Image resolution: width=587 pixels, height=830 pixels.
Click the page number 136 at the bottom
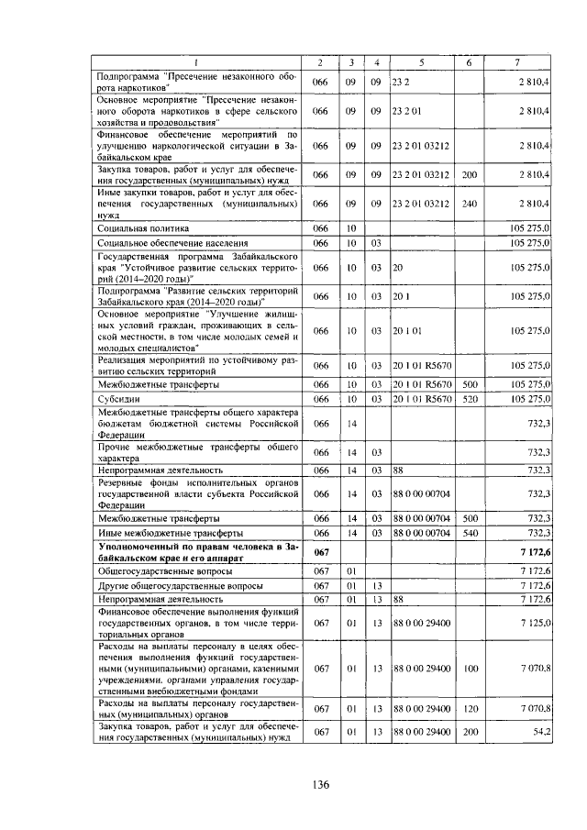coord(320,784)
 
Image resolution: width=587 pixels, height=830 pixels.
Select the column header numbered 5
coord(421,62)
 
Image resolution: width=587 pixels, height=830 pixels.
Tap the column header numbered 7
coord(517,62)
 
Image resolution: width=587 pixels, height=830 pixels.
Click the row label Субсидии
coord(118,399)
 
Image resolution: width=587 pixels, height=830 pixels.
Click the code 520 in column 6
coord(470,399)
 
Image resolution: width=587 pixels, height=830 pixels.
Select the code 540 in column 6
coord(470,532)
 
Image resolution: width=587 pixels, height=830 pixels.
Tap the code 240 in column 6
coord(470,204)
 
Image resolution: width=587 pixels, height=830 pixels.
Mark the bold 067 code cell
coord(321,552)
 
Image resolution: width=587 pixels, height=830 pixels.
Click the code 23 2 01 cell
coord(408,111)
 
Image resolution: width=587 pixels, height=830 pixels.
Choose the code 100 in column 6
coord(470,669)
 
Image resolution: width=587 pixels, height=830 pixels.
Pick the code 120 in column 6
coord(470,708)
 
